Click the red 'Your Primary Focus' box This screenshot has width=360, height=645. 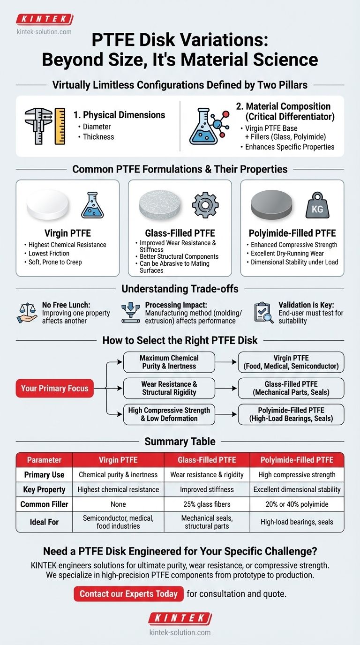tap(54, 388)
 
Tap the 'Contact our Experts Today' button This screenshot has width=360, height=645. tap(128, 593)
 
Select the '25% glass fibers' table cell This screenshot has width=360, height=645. tap(207, 505)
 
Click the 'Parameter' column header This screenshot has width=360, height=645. tap(44, 460)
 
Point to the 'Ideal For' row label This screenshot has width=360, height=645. tap(44, 522)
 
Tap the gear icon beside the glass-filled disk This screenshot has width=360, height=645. tap(205, 206)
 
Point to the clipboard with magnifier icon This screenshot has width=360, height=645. tap(264, 313)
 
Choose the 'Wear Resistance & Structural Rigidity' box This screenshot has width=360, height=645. tap(169, 388)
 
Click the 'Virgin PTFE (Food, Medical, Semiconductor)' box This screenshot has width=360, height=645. tap(292, 362)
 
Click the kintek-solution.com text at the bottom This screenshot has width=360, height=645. tap(180, 632)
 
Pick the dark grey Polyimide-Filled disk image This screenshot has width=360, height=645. tap(272, 206)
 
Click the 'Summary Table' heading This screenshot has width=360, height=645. tap(180, 441)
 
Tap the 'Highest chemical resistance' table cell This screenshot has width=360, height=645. tap(119, 489)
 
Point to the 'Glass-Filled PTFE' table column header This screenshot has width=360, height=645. tap(207, 460)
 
